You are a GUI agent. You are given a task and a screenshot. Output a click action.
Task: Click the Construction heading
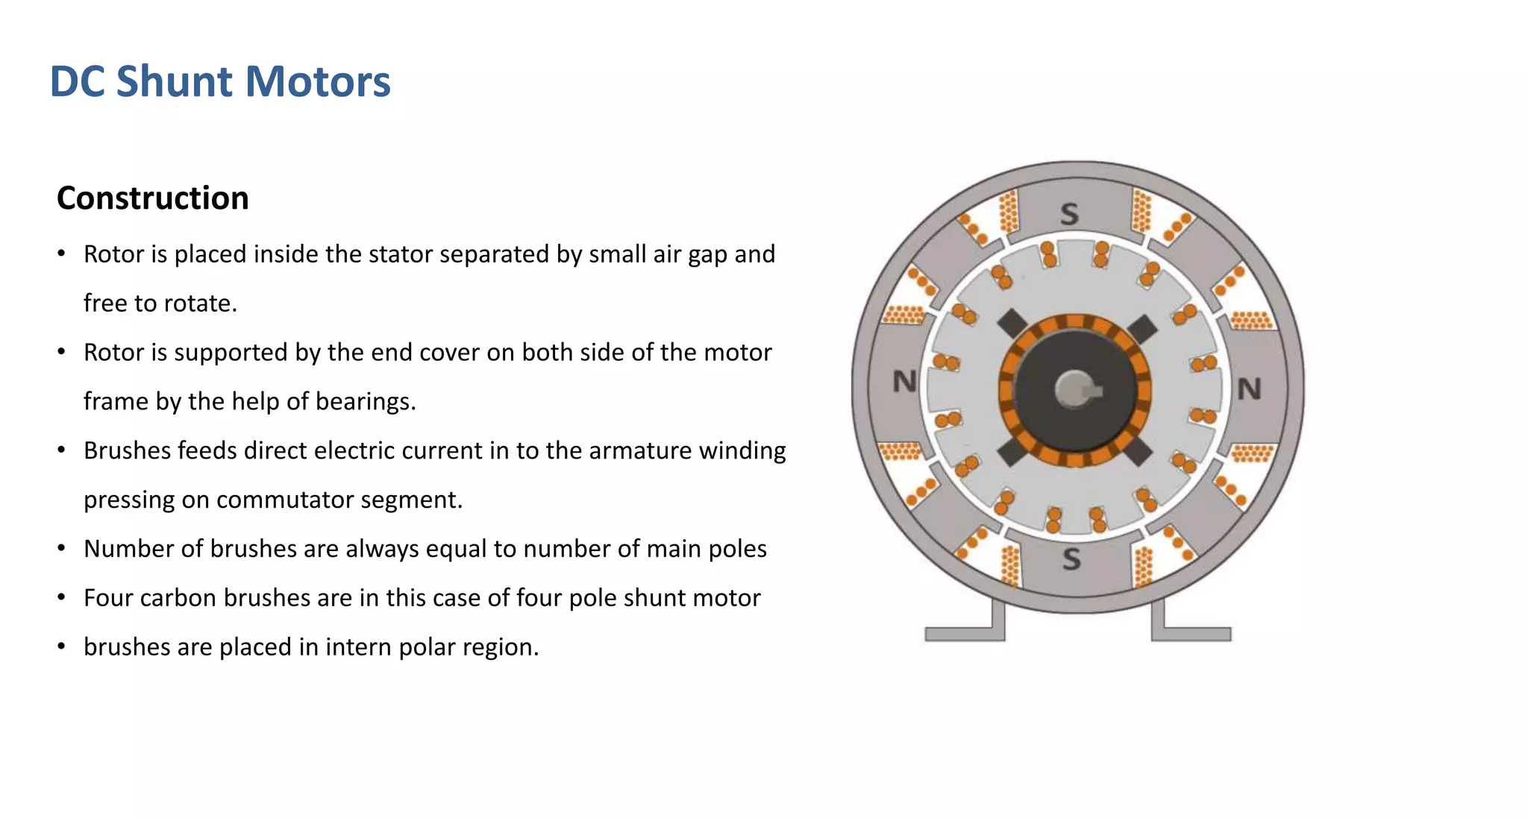coord(152,198)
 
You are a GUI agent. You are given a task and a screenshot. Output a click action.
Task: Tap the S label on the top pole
coord(1069,215)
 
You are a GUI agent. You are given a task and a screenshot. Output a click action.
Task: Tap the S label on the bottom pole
coord(1071,559)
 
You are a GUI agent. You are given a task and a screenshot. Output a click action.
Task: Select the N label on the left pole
coord(904,382)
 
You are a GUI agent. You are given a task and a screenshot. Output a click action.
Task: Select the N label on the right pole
coord(1249,388)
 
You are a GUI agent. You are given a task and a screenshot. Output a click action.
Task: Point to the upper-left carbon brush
coord(1012,324)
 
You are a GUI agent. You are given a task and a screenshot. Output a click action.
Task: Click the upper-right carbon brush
coord(1142,329)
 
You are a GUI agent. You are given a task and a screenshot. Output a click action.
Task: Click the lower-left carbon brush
coord(1012,452)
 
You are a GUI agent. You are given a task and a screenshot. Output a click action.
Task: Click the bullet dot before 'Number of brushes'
coord(62,549)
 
